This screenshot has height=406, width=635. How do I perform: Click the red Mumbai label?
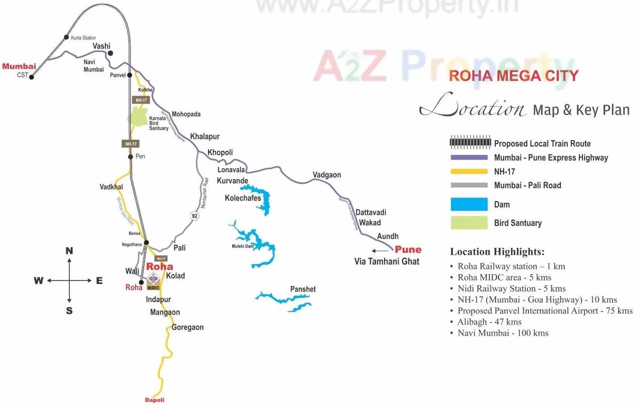(19, 66)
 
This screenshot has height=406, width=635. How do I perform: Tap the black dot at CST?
(32, 77)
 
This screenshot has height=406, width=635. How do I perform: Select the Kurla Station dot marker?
(66, 37)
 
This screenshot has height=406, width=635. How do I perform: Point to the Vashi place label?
(101, 46)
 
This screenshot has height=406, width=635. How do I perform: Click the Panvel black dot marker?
(129, 75)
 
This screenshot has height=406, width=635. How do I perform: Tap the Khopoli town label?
(220, 152)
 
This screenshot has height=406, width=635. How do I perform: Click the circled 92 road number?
(195, 216)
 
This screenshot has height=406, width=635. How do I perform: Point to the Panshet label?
(303, 289)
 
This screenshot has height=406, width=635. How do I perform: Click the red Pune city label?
(408, 249)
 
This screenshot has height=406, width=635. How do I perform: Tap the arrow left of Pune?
(380, 251)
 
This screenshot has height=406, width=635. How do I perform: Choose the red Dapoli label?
(154, 400)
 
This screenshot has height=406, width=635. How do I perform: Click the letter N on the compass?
(69, 251)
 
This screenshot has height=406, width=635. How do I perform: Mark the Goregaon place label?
(188, 327)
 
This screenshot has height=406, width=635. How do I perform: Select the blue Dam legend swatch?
(469, 204)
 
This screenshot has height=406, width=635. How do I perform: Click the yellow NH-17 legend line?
(469, 171)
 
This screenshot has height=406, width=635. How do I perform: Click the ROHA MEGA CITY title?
(513, 76)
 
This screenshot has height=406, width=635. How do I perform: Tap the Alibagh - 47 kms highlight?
(489, 322)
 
